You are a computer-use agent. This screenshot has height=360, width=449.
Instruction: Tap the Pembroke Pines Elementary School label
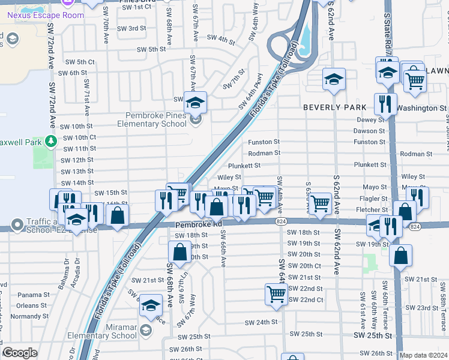(156, 120)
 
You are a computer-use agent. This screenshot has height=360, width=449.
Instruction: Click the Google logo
(20, 353)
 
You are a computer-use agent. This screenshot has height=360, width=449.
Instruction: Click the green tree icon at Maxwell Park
(52, 141)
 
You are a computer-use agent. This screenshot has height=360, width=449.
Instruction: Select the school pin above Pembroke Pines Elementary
(195, 103)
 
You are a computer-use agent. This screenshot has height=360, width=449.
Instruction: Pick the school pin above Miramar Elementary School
(151, 306)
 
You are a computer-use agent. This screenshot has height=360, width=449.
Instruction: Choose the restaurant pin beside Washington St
(385, 104)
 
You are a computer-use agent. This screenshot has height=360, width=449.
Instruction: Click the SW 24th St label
(261, 322)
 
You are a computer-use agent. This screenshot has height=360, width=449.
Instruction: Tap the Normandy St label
(28, 316)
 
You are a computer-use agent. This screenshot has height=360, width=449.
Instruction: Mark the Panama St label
(33, 295)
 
